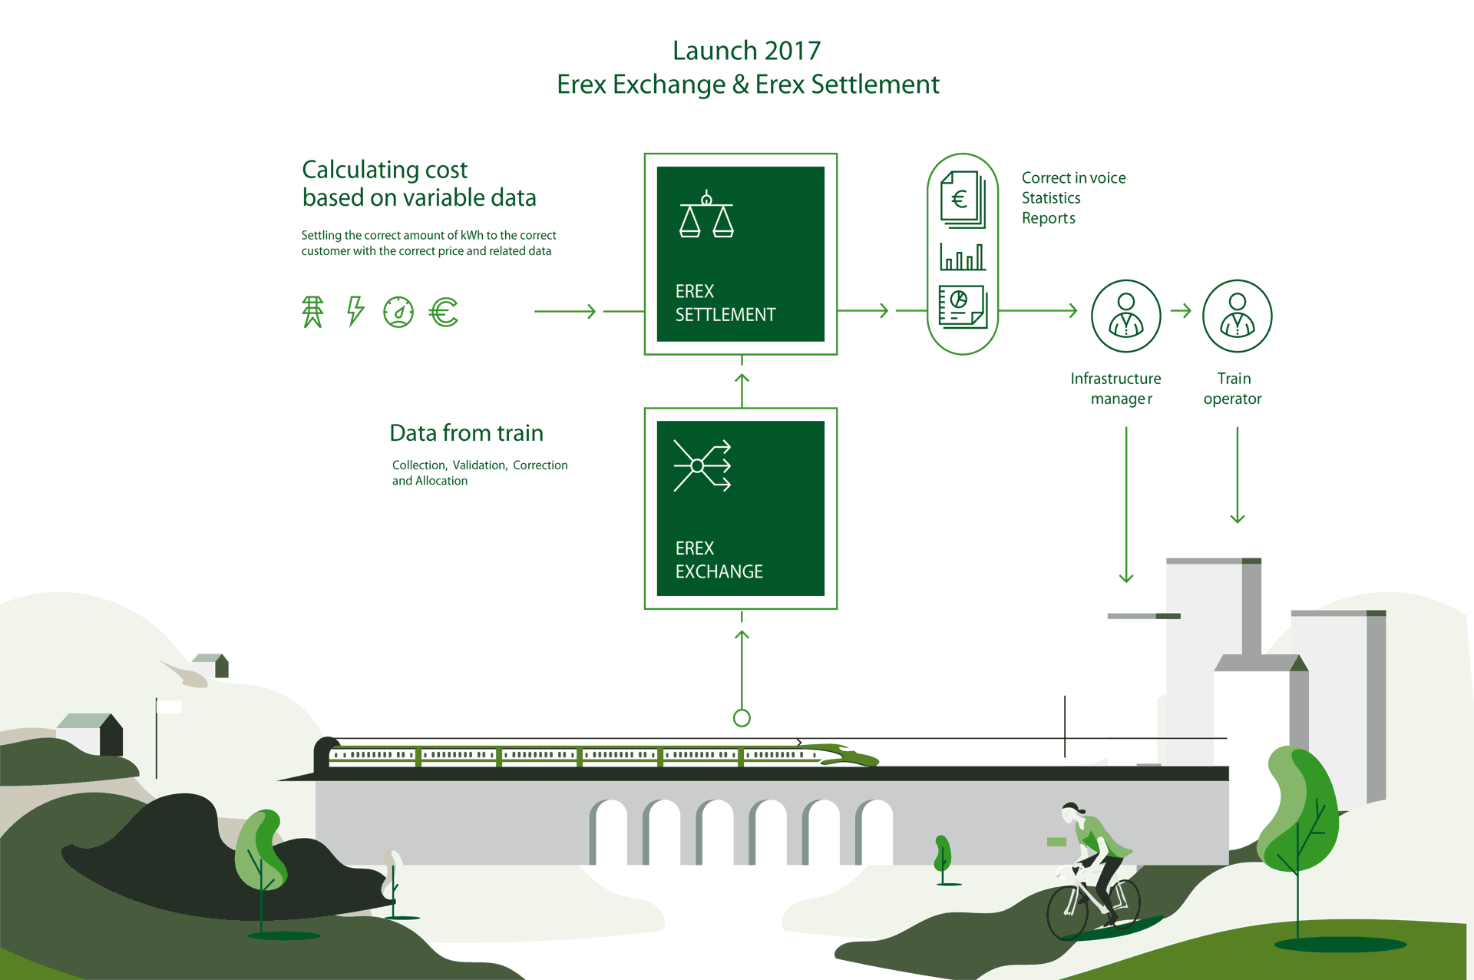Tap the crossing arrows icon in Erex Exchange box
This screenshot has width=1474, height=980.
[702, 465]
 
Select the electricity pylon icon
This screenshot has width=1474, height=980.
[312, 312]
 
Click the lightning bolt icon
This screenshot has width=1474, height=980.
[355, 311]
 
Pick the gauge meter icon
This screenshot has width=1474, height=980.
[398, 312]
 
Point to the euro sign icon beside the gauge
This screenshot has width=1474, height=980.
[444, 312]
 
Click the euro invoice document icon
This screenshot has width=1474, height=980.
[963, 200]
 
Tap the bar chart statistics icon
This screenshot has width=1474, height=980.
[963, 257]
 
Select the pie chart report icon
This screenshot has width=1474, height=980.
[963, 306]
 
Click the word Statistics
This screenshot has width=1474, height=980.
[1051, 198]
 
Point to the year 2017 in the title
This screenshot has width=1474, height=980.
[793, 51]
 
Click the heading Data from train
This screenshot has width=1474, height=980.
[466, 433]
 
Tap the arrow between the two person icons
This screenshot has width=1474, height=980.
[1181, 311]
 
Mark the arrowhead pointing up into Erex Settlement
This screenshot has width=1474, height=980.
[742, 379]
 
